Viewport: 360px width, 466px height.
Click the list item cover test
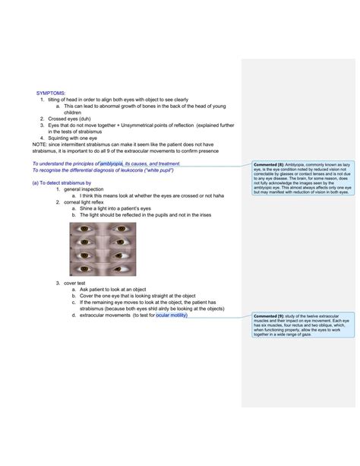click(x=77, y=283)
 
